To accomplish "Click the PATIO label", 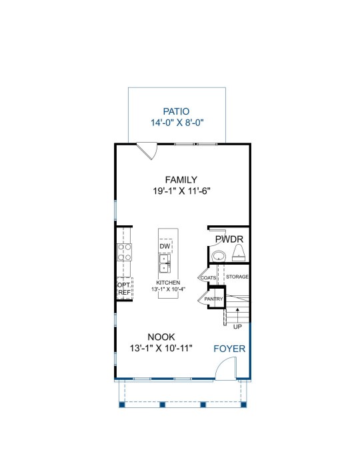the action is pyautogui.click(x=176, y=111).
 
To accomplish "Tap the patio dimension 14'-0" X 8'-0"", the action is pyautogui.click(x=177, y=123).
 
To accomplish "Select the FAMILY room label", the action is pyautogui.click(x=181, y=180).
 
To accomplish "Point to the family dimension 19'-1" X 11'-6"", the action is pyautogui.click(x=181, y=191).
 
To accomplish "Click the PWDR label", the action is pyautogui.click(x=229, y=239).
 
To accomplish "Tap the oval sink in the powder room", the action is pyautogui.click(x=219, y=256).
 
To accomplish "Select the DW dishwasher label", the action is pyautogui.click(x=165, y=246).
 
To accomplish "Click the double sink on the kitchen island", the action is pyautogui.click(x=165, y=263).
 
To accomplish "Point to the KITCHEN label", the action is pyautogui.click(x=168, y=283).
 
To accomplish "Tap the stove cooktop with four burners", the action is pyautogui.click(x=125, y=252).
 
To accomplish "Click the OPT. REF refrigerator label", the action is pyautogui.click(x=124, y=289).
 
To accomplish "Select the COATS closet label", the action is pyautogui.click(x=208, y=278).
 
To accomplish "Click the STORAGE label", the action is pyautogui.click(x=237, y=277).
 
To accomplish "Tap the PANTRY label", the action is pyautogui.click(x=213, y=299).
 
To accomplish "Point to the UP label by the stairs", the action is pyautogui.click(x=237, y=327).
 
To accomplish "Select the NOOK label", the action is pyautogui.click(x=161, y=337).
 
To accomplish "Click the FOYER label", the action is pyautogui.click(x=229, y=349).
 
